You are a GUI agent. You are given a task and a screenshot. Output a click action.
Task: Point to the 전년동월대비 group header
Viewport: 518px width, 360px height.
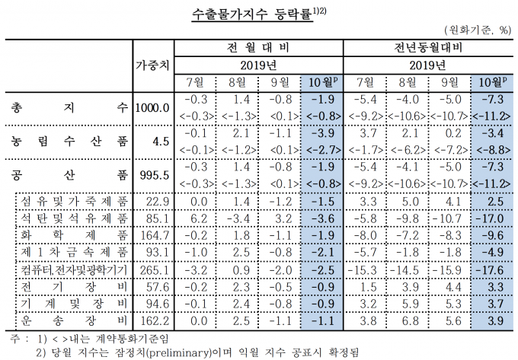pyautogui.click(x=430, y=48)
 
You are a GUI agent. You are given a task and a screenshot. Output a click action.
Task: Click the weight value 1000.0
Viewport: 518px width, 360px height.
pyautogui.click(x=151, y=107)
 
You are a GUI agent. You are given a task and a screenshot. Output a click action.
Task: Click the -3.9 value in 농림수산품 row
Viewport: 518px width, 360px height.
pyautogui.click(x=323, y=133)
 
